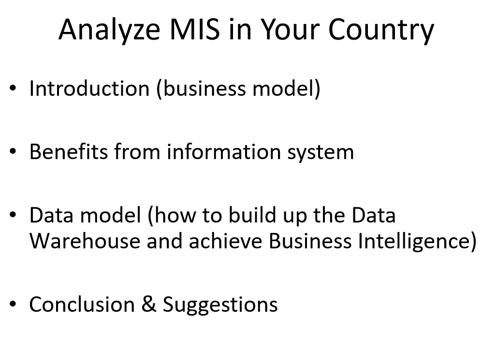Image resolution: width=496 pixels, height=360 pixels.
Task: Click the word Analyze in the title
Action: pyautogui.click(x=109, y=30)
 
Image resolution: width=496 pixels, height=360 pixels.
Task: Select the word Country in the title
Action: pyautogui.click(x=381, y=30)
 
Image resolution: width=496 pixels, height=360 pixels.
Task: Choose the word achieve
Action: pyautogui.click(x=225, y=241)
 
